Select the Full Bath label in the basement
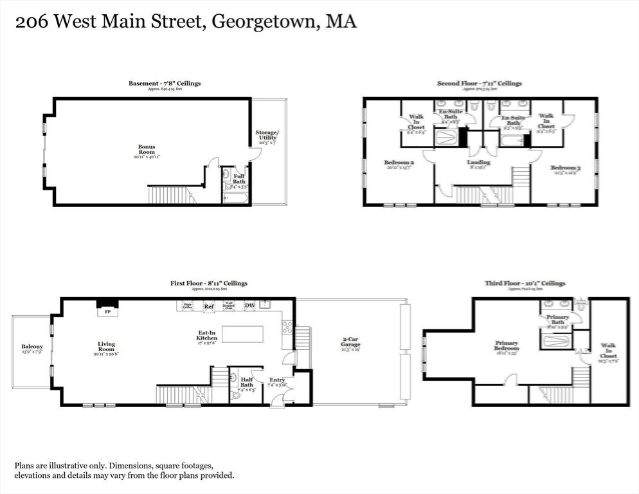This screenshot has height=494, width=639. (239, 179)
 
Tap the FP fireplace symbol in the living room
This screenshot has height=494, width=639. (107, 312)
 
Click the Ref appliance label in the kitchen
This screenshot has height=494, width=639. (208, 307)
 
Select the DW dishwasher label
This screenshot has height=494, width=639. (249, 306)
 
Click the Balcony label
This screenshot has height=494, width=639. (32, 347)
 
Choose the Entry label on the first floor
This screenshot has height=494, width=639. (276, 380)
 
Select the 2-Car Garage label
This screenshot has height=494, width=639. (350, 342)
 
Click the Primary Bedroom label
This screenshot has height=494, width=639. (507, 346)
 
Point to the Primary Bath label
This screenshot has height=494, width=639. (557, 320)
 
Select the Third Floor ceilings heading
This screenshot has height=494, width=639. (525, 283)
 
